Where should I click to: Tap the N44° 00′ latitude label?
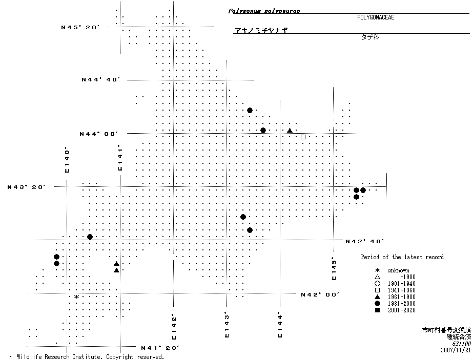(x=98, y=134)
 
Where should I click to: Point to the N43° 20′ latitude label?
(x=27, y=187)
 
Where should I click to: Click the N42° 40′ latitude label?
(x=364, y=241)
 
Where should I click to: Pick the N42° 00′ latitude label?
(x=320, y=294)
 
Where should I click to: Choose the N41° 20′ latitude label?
(x=160, y=348)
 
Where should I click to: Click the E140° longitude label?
(x=67, y=160)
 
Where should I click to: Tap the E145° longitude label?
(x=334, y=268)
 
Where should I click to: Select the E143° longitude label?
(x=226, y=325)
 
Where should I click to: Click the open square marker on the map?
(x=303, y=137)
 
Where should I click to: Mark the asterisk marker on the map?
(x=76, y=297)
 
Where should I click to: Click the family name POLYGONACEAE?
(x=376, y=17)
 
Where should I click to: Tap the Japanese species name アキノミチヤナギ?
(x=261, y=31)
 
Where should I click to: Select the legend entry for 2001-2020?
(x=401, y=310)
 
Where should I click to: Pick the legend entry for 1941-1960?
(x=401, y=290)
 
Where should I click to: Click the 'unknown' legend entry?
(x=398, y=270)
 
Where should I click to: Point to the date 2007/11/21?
(x=456, y=350)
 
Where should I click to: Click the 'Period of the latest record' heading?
(x=402, y=257)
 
